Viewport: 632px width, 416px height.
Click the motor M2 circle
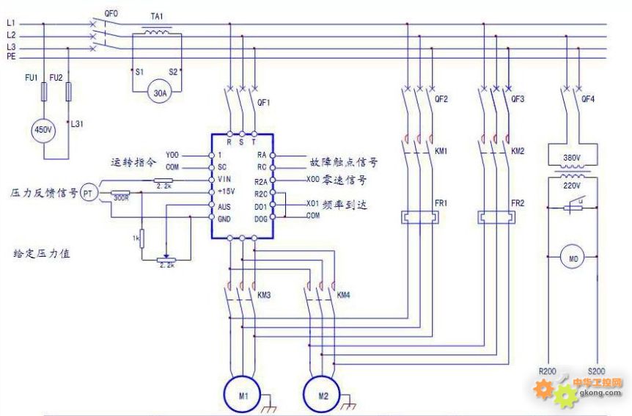[x=323, y=395]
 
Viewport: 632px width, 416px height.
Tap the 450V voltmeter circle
[x=43, y=130]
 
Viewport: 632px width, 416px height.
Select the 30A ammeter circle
[x=159, y=92]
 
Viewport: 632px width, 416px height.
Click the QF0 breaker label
[x=111, y=13]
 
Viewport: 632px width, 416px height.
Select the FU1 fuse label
[x=30, y=77]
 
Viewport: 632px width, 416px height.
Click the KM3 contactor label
[x=264, y=295]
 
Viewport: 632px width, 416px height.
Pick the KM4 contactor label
[x=343, y=295]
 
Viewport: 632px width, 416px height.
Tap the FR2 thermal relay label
[x=518, y=202]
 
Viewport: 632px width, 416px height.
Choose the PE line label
[x=11, y=56]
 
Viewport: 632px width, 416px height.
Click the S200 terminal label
[x=598, y=371]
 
